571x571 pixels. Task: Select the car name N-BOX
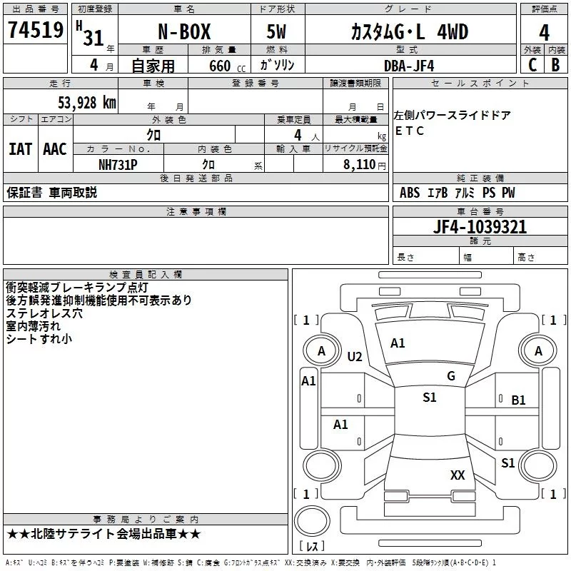[183, 33]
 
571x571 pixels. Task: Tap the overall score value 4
[545, 33]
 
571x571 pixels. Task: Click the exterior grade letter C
[532, 65]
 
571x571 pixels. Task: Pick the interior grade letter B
[556, 65]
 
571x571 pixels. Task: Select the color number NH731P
[118, 164]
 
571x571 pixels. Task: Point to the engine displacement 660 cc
[219, 66]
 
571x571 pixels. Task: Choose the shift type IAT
[20, 148]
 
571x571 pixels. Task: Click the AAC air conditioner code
[54, 148]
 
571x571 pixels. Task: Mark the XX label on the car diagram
[458, 475]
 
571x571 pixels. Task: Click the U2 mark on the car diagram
[355, 357]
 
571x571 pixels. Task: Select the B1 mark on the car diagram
[518, 400]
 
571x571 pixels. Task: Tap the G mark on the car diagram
[450, 376]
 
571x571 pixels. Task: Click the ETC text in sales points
[410, 131]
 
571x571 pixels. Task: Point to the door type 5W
[276, 33]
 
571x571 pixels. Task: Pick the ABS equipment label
[410, 193]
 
